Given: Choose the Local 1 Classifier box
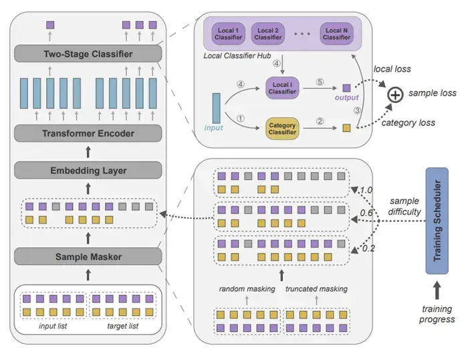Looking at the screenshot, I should (229, 34).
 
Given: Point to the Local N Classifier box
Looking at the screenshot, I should (336, 34).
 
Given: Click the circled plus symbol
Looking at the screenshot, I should (395, 94).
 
